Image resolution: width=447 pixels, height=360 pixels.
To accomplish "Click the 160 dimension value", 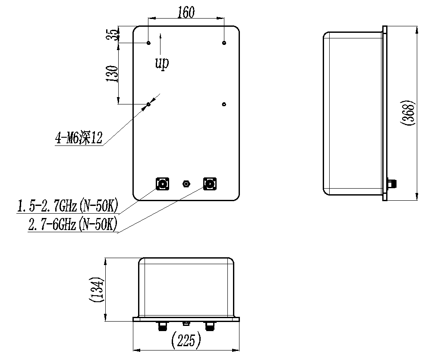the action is [x=186, y=12].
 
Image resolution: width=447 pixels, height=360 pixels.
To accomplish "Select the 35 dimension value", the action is [x=113, y=35].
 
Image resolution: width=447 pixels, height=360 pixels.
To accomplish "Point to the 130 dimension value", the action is [x=112, y=74].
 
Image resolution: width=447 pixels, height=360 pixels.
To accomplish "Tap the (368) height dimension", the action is [x=408, y=113].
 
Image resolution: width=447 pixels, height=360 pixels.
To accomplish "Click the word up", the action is [x=162, y=63].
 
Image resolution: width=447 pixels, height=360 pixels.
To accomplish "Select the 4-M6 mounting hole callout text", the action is [x=79, y=138].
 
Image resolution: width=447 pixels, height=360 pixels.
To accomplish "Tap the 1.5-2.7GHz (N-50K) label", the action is [x=68, y=206].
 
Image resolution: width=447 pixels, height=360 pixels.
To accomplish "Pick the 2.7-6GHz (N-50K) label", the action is [x=72, y=224].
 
